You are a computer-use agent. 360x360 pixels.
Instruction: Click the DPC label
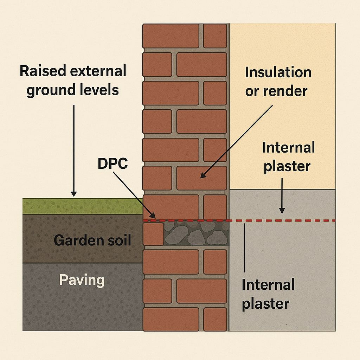[112, 163]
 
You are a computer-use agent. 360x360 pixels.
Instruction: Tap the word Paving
[82, 281]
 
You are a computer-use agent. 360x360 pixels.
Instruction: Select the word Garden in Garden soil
[74, 240]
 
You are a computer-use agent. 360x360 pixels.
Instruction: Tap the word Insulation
[278, 72]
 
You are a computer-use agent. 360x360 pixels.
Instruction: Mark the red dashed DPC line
[281, 220]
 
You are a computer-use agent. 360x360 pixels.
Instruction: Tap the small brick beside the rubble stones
[153, 234]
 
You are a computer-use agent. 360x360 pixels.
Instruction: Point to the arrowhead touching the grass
[73, 194]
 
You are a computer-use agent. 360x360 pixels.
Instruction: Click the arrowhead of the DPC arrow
[152, 216]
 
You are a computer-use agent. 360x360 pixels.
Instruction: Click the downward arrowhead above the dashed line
[282, 211]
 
